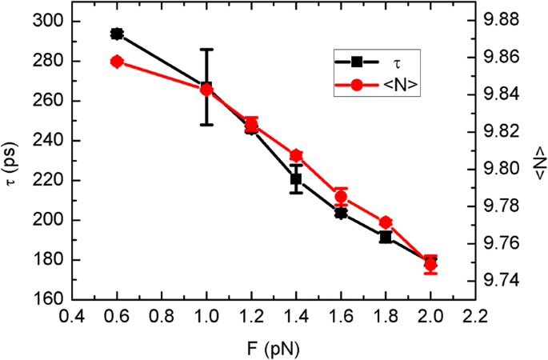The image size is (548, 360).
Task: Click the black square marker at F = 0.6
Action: pyautogui.click(x=117, y=34)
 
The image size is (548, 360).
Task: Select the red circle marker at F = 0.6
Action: pyautogui.click(x=117, y=62)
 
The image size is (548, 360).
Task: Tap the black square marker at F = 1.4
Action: pyautogui.click(x=296, y=179)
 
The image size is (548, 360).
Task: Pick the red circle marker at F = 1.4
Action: pyautogui.click(x=296, y=156)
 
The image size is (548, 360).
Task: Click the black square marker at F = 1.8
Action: pyautogui.click(x=386, y=237)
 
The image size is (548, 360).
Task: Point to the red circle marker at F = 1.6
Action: pyautogui.click(x=341, y=197)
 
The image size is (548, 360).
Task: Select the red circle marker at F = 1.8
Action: pyautogui.click(x=386, y=222)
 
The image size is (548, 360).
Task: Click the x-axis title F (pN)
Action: pyautogui.click(x=274, y=347)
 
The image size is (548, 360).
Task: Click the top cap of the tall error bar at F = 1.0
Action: pyautogui.click(x=206, y=50)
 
